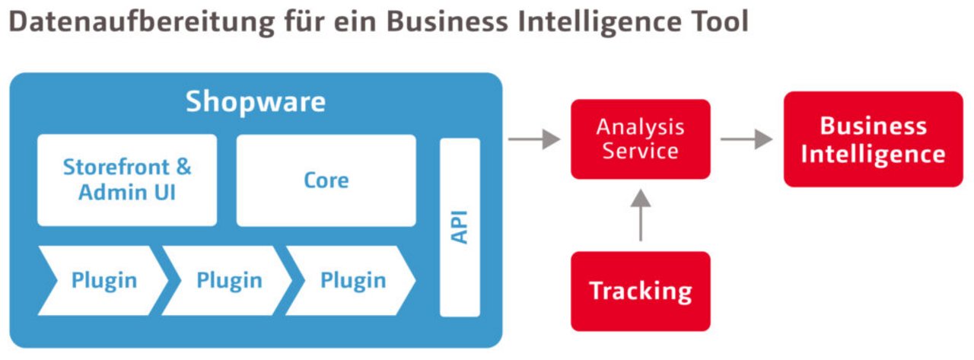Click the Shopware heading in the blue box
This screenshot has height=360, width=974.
[x=256, y=102]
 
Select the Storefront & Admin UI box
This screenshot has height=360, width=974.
[x=127, y=180]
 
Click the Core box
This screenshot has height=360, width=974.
[x=326, y=180]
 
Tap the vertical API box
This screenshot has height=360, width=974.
[x=460, y=227]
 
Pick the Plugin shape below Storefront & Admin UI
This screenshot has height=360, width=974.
[x=103, y=280]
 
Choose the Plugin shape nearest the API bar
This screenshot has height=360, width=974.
[x=352, y=280]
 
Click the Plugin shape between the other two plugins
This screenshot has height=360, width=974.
[x=228, y=280]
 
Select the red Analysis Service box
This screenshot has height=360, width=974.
[x=640, y=139]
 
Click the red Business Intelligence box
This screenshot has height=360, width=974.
[x=873, y=139]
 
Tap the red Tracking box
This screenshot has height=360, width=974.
[x=640, y=291]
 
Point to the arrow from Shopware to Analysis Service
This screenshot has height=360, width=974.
[x=533, y=139]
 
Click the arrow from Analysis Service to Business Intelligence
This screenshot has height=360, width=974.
[x=746, y=139]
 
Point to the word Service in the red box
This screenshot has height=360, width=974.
[x=640, y=151]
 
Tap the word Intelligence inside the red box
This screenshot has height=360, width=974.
[x=873, y=155]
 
